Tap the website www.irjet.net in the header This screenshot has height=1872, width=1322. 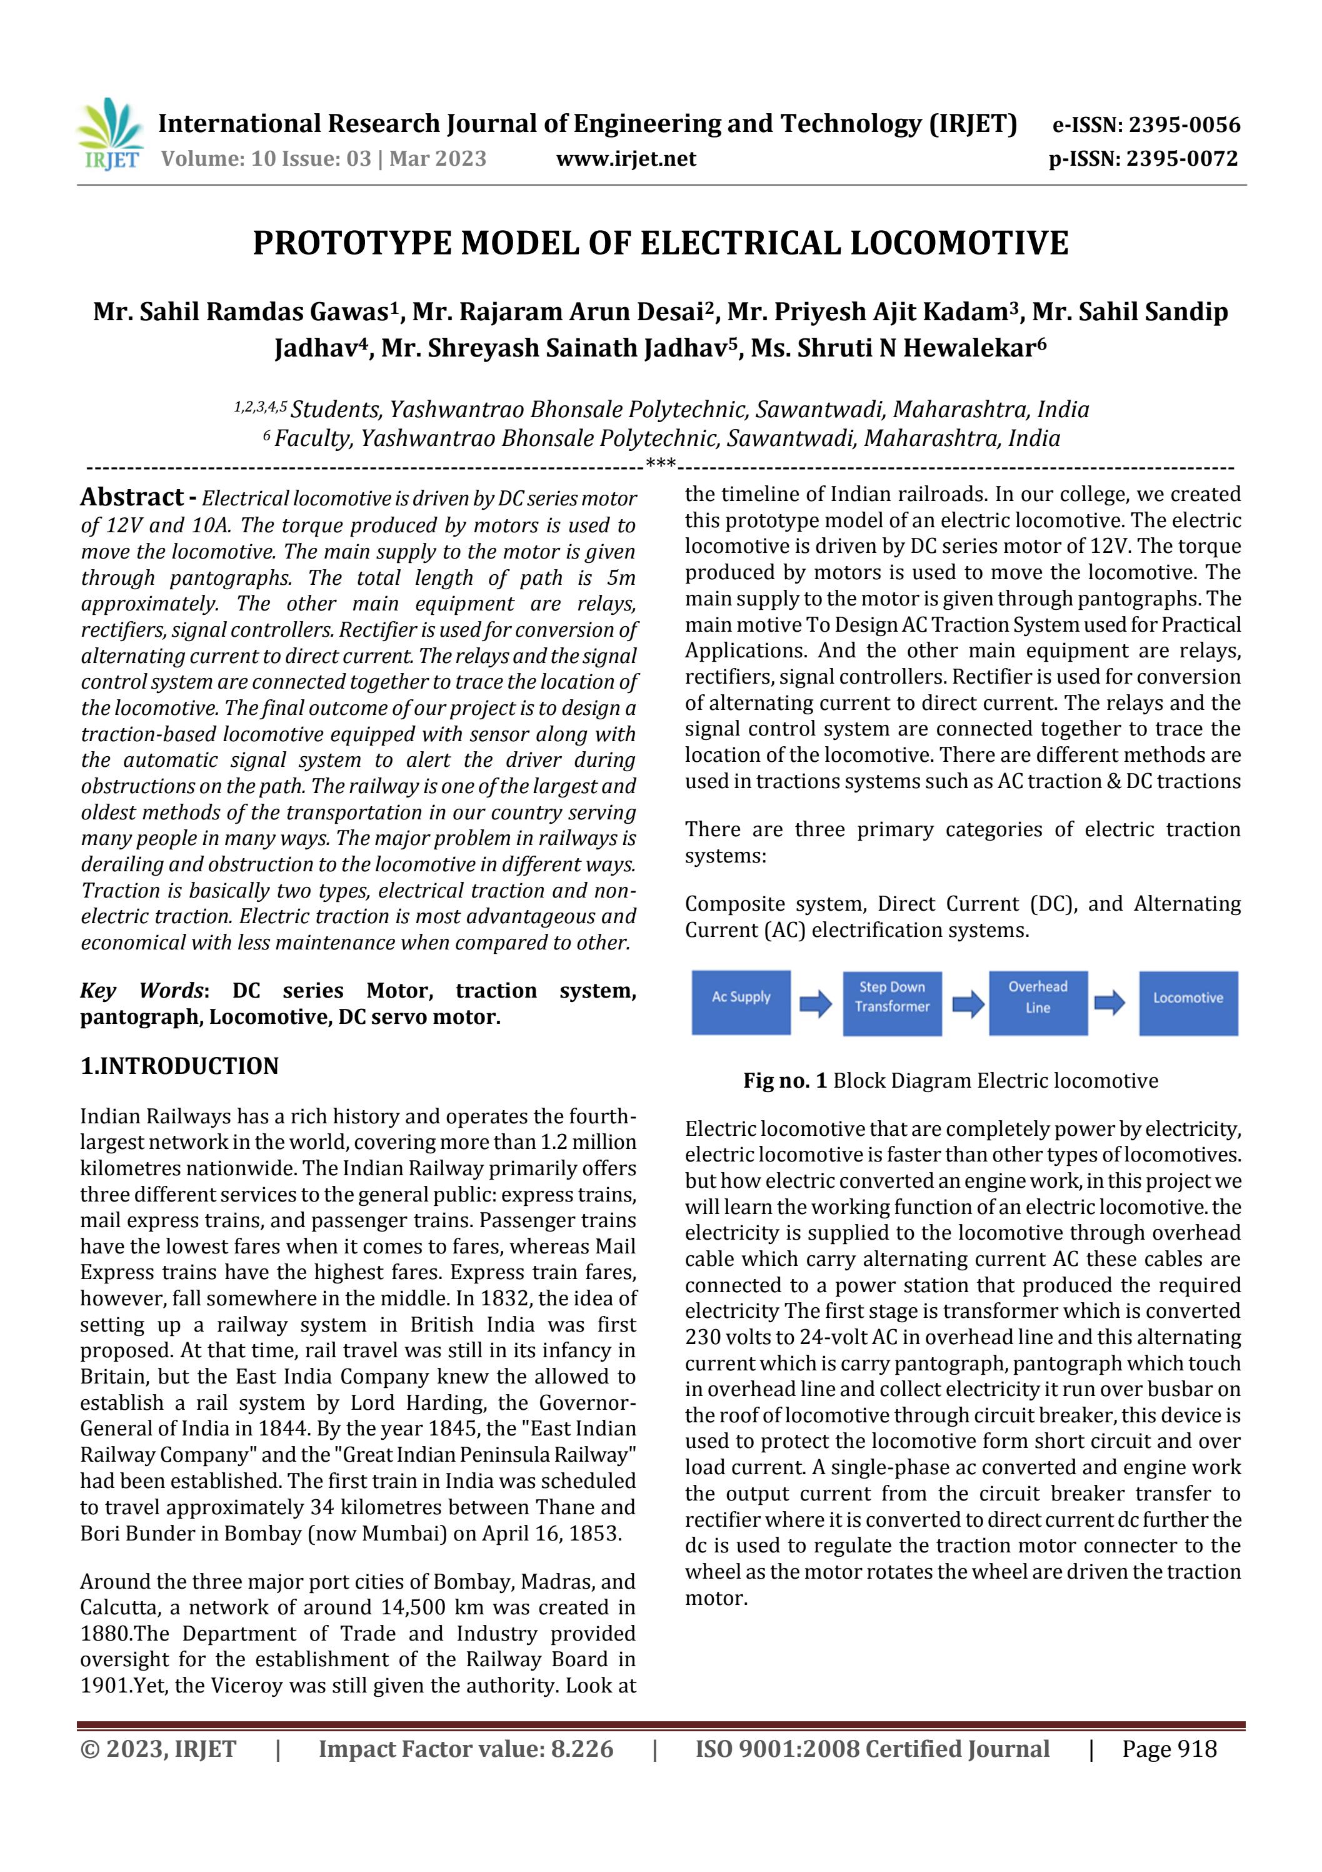click(625, 159)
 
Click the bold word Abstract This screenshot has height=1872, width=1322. click(131, 497)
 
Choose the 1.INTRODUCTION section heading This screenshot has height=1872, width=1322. click(179, 1066)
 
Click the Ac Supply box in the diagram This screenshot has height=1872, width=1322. click(741, 1001)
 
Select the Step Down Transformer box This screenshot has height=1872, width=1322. click(892, 1002)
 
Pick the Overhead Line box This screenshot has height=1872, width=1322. click(1038, 1001)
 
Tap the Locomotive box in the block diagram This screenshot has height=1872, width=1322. click(1188, 1002)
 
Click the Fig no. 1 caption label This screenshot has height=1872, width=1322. click(785, 1081)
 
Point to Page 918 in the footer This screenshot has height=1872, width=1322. click(1169, 1749)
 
